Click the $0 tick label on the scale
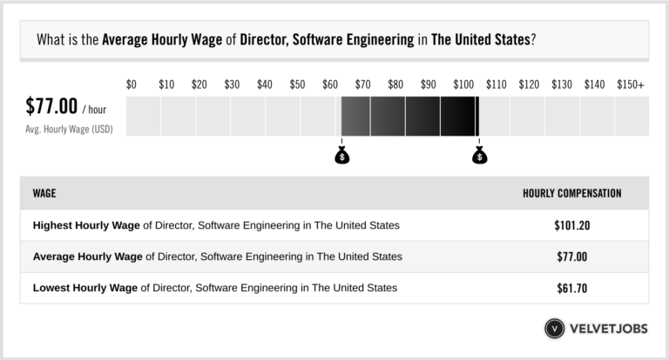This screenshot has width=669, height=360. (132, 84)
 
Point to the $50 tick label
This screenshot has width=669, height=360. (297, 84)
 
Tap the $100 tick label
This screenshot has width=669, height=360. (463, 84)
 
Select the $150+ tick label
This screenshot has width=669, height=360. (630, 84)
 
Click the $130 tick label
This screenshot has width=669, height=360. (562, 84)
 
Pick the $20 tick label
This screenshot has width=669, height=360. (199, 84)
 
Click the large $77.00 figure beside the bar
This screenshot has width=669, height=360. (51, 108)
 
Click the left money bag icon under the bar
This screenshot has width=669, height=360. (341, 157)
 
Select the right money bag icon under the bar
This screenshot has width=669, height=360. (479, 157)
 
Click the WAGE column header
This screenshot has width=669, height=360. (44, 193)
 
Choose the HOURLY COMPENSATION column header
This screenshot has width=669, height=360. (571, 193)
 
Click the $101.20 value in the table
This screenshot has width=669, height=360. (571, 225)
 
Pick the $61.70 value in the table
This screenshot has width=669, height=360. (571, 287)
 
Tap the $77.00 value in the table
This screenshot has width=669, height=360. (571, 257)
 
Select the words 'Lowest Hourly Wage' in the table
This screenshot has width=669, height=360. (84, 287)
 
